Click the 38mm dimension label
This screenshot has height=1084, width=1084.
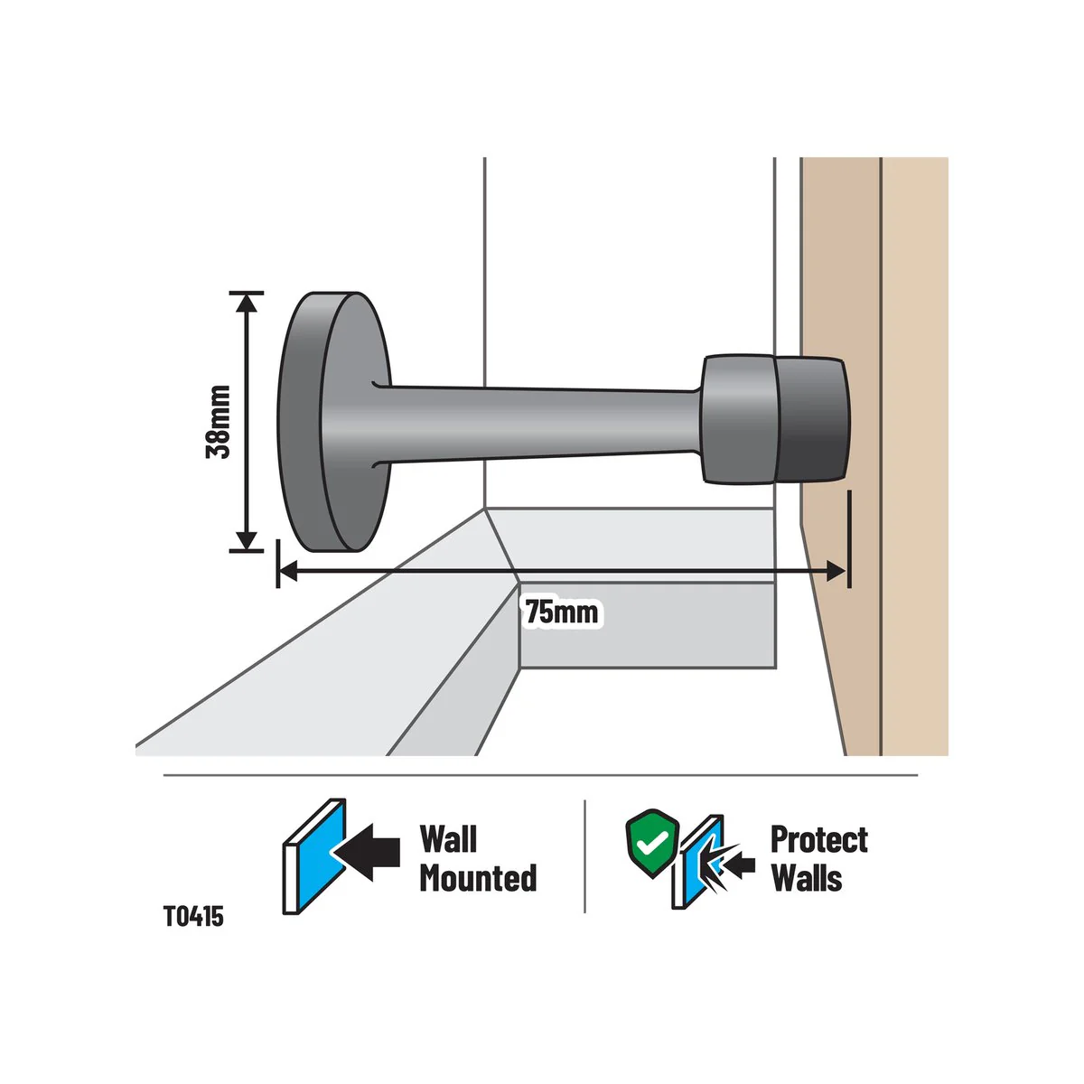click(219, 422)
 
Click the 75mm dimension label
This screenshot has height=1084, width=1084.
click(561, 612)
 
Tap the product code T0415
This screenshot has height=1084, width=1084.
click(193, 916)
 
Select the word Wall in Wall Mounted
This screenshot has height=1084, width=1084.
click(448, 839)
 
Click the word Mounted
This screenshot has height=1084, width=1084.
click(478, 878)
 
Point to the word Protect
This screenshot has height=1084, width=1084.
click(819, 840)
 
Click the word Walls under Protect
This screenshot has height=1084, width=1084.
click(807, 878)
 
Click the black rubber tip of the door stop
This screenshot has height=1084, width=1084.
click(812, 421)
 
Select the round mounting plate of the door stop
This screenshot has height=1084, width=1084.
click(334, 422)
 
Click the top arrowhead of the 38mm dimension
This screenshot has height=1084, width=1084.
click(247, 303)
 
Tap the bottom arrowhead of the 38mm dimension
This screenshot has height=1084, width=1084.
click(247, 540)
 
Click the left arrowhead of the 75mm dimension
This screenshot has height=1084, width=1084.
click(288, 572)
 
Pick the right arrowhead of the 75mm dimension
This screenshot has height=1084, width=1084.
click(836, 572)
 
